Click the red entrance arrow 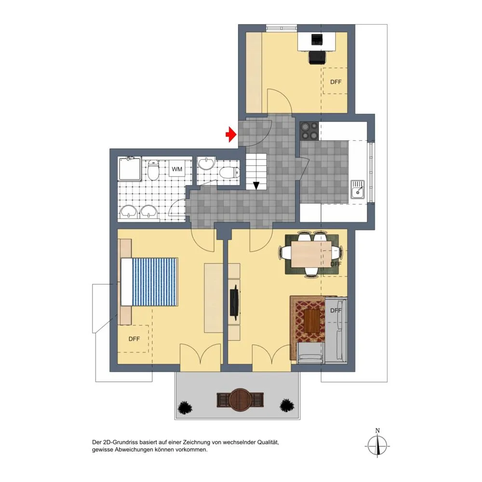pyautogui.click(x=231, y=134)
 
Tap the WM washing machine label pyautogui.click(x=177, y=169)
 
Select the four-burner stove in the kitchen pyautogui.click(x=309, y=131)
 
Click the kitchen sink pyautogui.click(x=358, y=189)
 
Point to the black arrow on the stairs pyautogui.click(x=256, y=186)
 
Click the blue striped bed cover pyautogui.click(x=155, y=282)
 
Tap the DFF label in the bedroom pyautogui.click(x=134, y=339)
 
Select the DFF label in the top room pyautogui.click(x=335, y=82)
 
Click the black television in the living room pyautogui.click(x=235, y=301)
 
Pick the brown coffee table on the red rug pyautogui.click(x=312, y=321)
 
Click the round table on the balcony pyautogui.click(x=240, y=400)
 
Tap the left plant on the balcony pyautogui.click(x=185, y=408)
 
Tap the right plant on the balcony pyautogui.click(x=287, y=405)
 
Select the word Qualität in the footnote pyautogui.click(x=268, y=442)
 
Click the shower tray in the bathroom pyautogui.click(x=130, y=169)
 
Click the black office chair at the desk pyautogui.click(x=317, y=57)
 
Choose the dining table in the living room pyautogui.click(x=311, y=254)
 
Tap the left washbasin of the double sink pyautogui.click(x=129, y=212)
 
